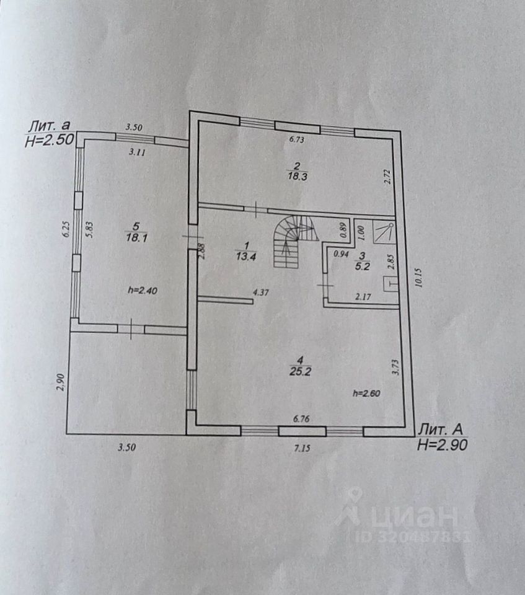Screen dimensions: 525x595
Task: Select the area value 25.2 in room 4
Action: click(300, 371)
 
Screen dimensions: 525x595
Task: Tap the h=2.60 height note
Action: click(366, 392)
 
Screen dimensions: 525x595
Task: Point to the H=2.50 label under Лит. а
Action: click(50, 141)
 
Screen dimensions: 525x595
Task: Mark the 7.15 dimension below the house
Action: click(302, 449)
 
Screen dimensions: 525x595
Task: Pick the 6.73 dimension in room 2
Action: click(298, 140)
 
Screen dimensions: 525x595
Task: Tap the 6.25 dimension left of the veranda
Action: click(63, 232)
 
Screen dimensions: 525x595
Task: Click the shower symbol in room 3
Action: click(384, 230)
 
